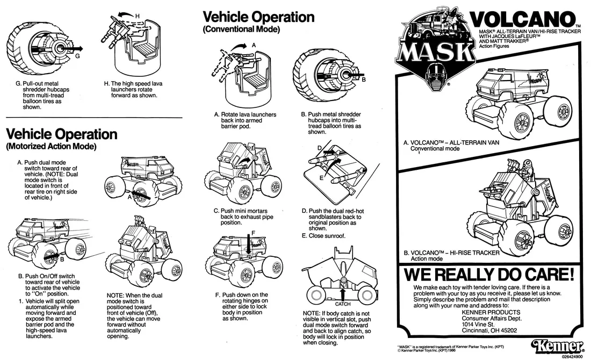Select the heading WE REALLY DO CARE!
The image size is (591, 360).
[489, 275]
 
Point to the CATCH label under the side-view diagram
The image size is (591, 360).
[343, 304]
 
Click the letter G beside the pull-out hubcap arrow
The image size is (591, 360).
[77, 56]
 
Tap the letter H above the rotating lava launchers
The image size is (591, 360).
[137, 16]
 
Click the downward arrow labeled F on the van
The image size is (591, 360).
[248, 243]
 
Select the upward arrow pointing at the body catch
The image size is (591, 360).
[343, 294]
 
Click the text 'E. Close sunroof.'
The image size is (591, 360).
[323, 236]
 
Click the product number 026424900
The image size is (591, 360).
[572, 356]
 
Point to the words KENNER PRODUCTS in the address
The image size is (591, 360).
[491, 313]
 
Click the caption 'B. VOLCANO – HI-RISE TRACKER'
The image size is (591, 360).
[451, 253]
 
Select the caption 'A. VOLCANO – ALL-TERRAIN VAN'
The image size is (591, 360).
[451, 142]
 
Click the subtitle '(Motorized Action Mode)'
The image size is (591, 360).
[51, 146]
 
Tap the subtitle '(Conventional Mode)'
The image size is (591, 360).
[242, 30]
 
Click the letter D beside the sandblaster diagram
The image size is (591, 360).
[320, 148]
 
